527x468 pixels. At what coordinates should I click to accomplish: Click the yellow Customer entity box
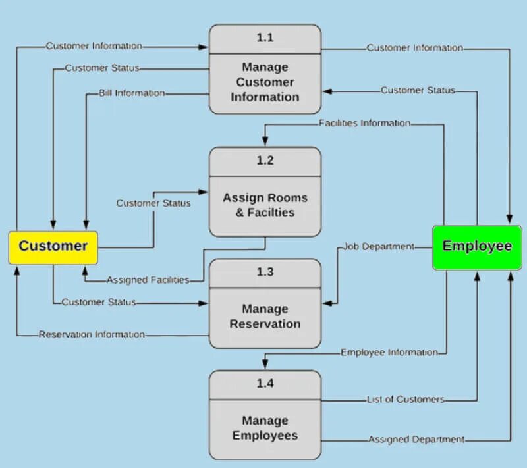tap(53, 247)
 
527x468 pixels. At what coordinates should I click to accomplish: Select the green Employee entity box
tap(477, 247)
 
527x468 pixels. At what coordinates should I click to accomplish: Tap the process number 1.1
tap(265, 38)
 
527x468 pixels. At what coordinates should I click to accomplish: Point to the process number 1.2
tap(265, 161)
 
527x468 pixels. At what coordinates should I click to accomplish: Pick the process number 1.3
tap(265, 272)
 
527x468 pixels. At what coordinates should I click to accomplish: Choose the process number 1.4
tap(265, 384)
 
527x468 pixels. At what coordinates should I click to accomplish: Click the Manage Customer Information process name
tap(265, 82)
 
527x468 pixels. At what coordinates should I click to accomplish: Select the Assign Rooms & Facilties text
tap(265, 205)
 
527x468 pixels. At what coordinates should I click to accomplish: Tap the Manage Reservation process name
tap(265, 316)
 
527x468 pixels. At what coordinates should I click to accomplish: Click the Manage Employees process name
tap(265, 428)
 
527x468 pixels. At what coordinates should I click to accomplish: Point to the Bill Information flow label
tap(132, 93)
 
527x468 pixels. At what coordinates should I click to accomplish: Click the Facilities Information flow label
tap(364, 123)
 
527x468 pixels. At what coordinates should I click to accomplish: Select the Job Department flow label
tap(379, 247)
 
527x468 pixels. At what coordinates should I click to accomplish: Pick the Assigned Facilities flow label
tap(148, 280)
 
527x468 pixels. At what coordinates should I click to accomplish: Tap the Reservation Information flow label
tap(92, 334)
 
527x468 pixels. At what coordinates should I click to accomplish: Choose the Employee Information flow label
tap(389, 353)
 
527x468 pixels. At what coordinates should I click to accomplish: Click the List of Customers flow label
tap(405, 399)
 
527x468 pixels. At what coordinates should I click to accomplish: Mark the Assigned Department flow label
tap(416, 439)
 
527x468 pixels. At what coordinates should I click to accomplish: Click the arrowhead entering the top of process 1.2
tap(265, 142)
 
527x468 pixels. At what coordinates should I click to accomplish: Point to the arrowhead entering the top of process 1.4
tap(265, 365)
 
